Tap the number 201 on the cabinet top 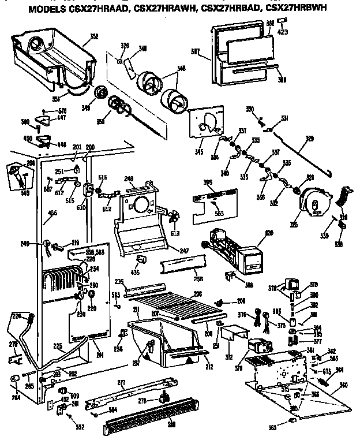(76, 147)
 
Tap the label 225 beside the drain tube (58, 346)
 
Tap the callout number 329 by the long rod (309, 139)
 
